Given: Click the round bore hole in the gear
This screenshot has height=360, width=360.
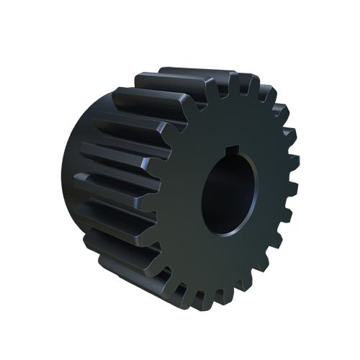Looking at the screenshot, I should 229,194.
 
